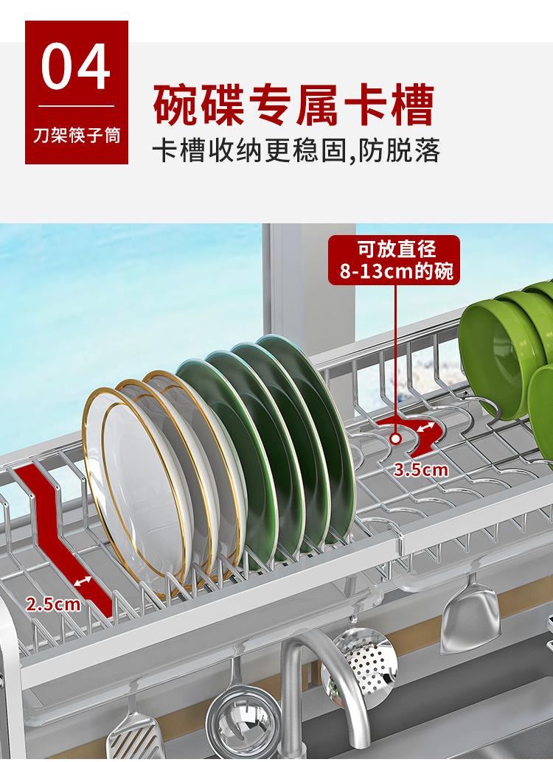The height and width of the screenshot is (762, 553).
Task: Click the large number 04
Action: click(x=76, y=68)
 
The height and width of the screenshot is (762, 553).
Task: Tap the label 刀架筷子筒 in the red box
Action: click(x=76, y=137)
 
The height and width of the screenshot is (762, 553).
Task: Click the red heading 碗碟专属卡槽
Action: click(x=293, y=105)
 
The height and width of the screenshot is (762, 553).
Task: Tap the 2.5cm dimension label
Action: click(x=54, y=605)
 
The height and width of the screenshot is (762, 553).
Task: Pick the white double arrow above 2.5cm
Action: click(x=83, y=582)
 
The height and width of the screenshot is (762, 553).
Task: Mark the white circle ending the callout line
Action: click(x=396, y=439)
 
